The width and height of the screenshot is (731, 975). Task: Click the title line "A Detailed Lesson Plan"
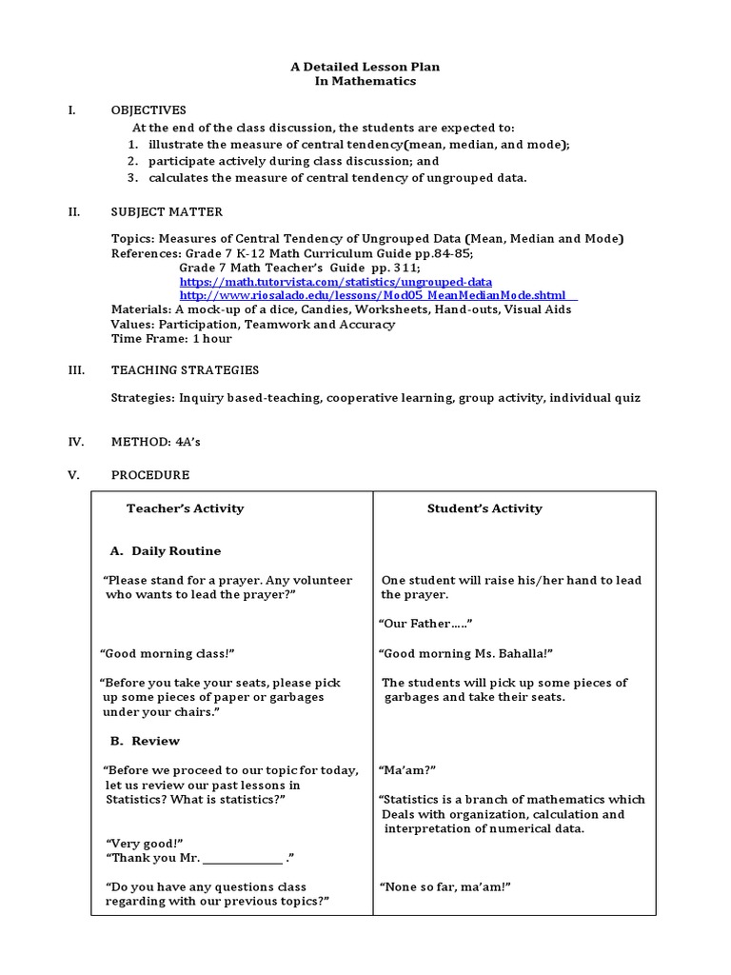[365, 67]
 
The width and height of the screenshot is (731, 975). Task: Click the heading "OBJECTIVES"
[148, 110]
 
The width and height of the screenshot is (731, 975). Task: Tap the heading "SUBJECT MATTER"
[167, 212]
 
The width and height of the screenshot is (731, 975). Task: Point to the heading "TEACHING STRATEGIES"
[185, 370]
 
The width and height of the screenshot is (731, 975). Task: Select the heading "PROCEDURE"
[149, 475]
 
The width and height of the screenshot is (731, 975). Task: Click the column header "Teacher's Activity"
[185, 508]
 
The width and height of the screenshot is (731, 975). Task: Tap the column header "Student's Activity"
[484, 508]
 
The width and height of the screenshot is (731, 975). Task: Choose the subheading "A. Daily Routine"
[166, 551]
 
